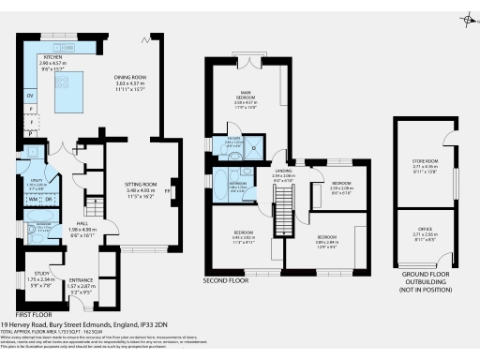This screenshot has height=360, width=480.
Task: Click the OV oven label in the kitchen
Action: [31, 97]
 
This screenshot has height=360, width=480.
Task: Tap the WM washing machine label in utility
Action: [34, 200]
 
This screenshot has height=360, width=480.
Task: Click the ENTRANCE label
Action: [82, 279]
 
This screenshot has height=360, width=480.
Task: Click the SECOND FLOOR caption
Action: [225, 279]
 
